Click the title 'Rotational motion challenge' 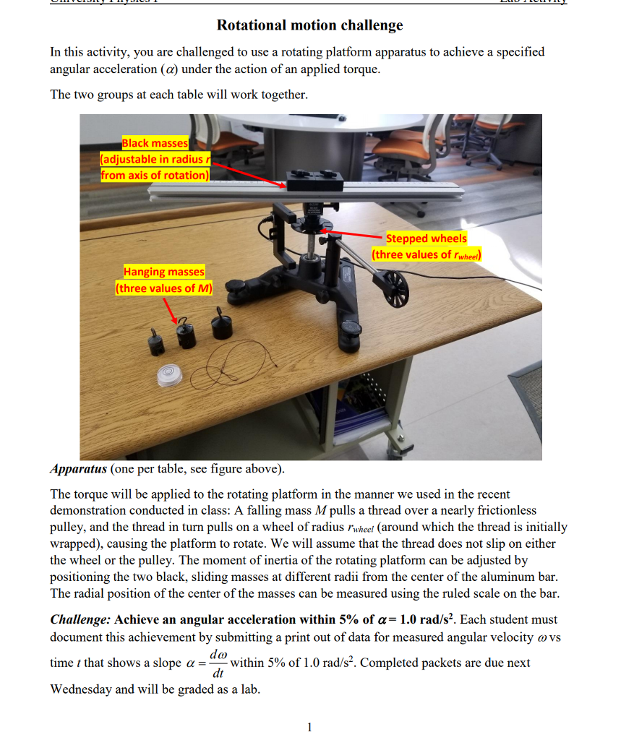click(x=310, y=25)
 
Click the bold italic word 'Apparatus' click(x=78, y=469)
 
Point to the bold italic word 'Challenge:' click(x=80, y=619)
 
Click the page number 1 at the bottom click(x=309, y=726)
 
